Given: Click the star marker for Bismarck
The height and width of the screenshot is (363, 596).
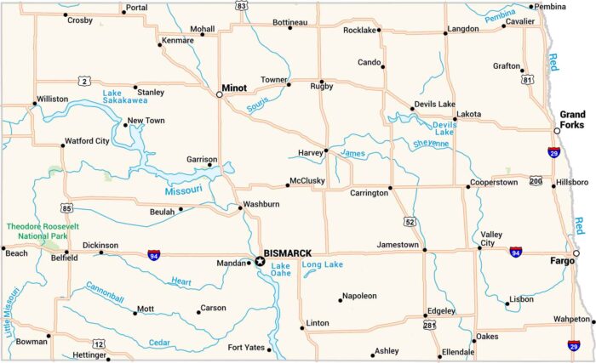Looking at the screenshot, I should coord(259,261).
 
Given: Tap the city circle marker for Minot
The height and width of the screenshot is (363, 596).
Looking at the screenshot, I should coord(220,94).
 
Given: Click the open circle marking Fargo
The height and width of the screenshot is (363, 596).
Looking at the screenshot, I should coord(576,253).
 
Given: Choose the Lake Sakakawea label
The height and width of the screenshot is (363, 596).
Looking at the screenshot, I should coord(125,96).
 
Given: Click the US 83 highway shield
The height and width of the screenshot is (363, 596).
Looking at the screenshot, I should coord(242,5).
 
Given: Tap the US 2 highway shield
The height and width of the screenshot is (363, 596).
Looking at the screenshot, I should coord(83,81).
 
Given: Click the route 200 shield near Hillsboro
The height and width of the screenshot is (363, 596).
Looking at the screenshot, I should coord(536,181).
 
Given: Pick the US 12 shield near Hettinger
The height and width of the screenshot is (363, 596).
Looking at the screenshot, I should coord(100,343).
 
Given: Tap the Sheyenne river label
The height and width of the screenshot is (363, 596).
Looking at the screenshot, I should coord(430,144).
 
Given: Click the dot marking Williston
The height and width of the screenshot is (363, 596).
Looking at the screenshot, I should coord(35,104).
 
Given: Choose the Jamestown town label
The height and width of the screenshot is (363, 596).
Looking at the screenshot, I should coord(397,246).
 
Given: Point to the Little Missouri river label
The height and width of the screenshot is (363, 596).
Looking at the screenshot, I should coord(12,314).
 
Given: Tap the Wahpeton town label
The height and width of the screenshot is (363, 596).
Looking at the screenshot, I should coord(570,319).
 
